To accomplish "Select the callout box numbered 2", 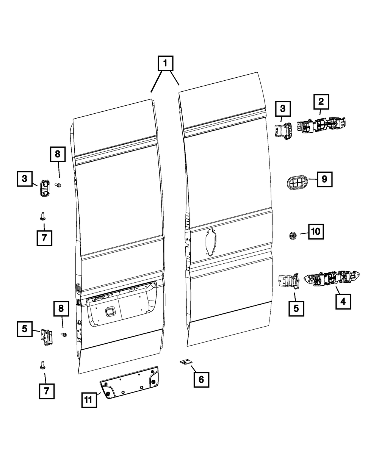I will (x=321, y=101).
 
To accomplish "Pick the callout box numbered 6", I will (x=201, y=379).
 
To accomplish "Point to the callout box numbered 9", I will (x=324, y=179).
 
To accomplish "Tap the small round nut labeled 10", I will (x=293, y=236).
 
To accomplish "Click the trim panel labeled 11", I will (x=131, y=383).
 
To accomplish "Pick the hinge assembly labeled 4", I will (x=334, y=279).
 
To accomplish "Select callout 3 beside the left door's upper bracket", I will (x=25, y=178).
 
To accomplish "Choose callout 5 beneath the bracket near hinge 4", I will (x=296, y=308).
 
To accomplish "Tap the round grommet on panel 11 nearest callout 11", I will (x=108, y=394).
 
